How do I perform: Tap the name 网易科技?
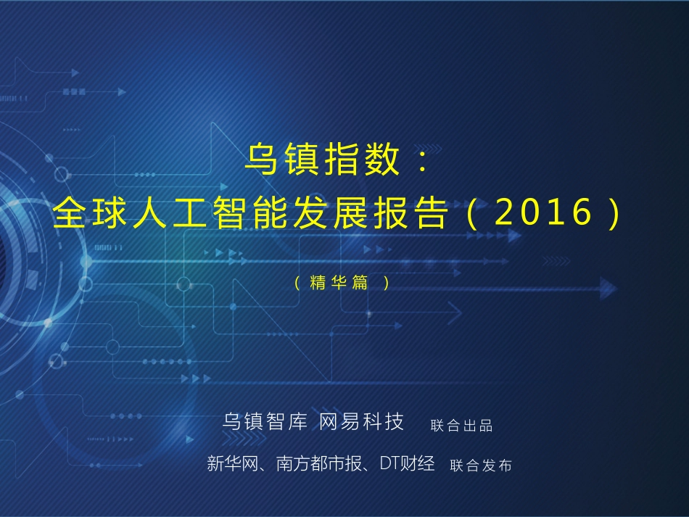click(x=362, y=422)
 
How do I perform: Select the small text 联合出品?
click(x=462, y=426)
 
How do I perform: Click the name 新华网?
click(x=232, y=464)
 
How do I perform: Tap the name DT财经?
click(x=408, y=464)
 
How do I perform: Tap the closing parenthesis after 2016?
click(x=616, y=213)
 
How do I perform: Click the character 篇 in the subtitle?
click(x=360, y=284)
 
